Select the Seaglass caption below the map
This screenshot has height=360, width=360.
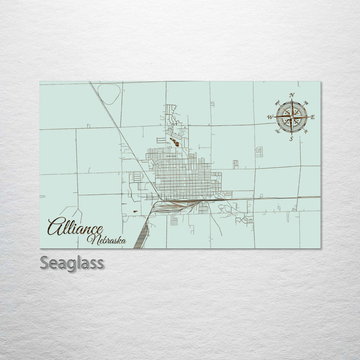point(71,262)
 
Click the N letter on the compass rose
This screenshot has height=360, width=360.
point(292,95)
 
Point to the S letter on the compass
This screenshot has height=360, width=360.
point(291,139)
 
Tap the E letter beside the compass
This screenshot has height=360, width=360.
point(313,117)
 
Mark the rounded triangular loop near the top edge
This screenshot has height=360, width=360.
point(108,92)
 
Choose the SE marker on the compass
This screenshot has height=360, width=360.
point(303,129)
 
